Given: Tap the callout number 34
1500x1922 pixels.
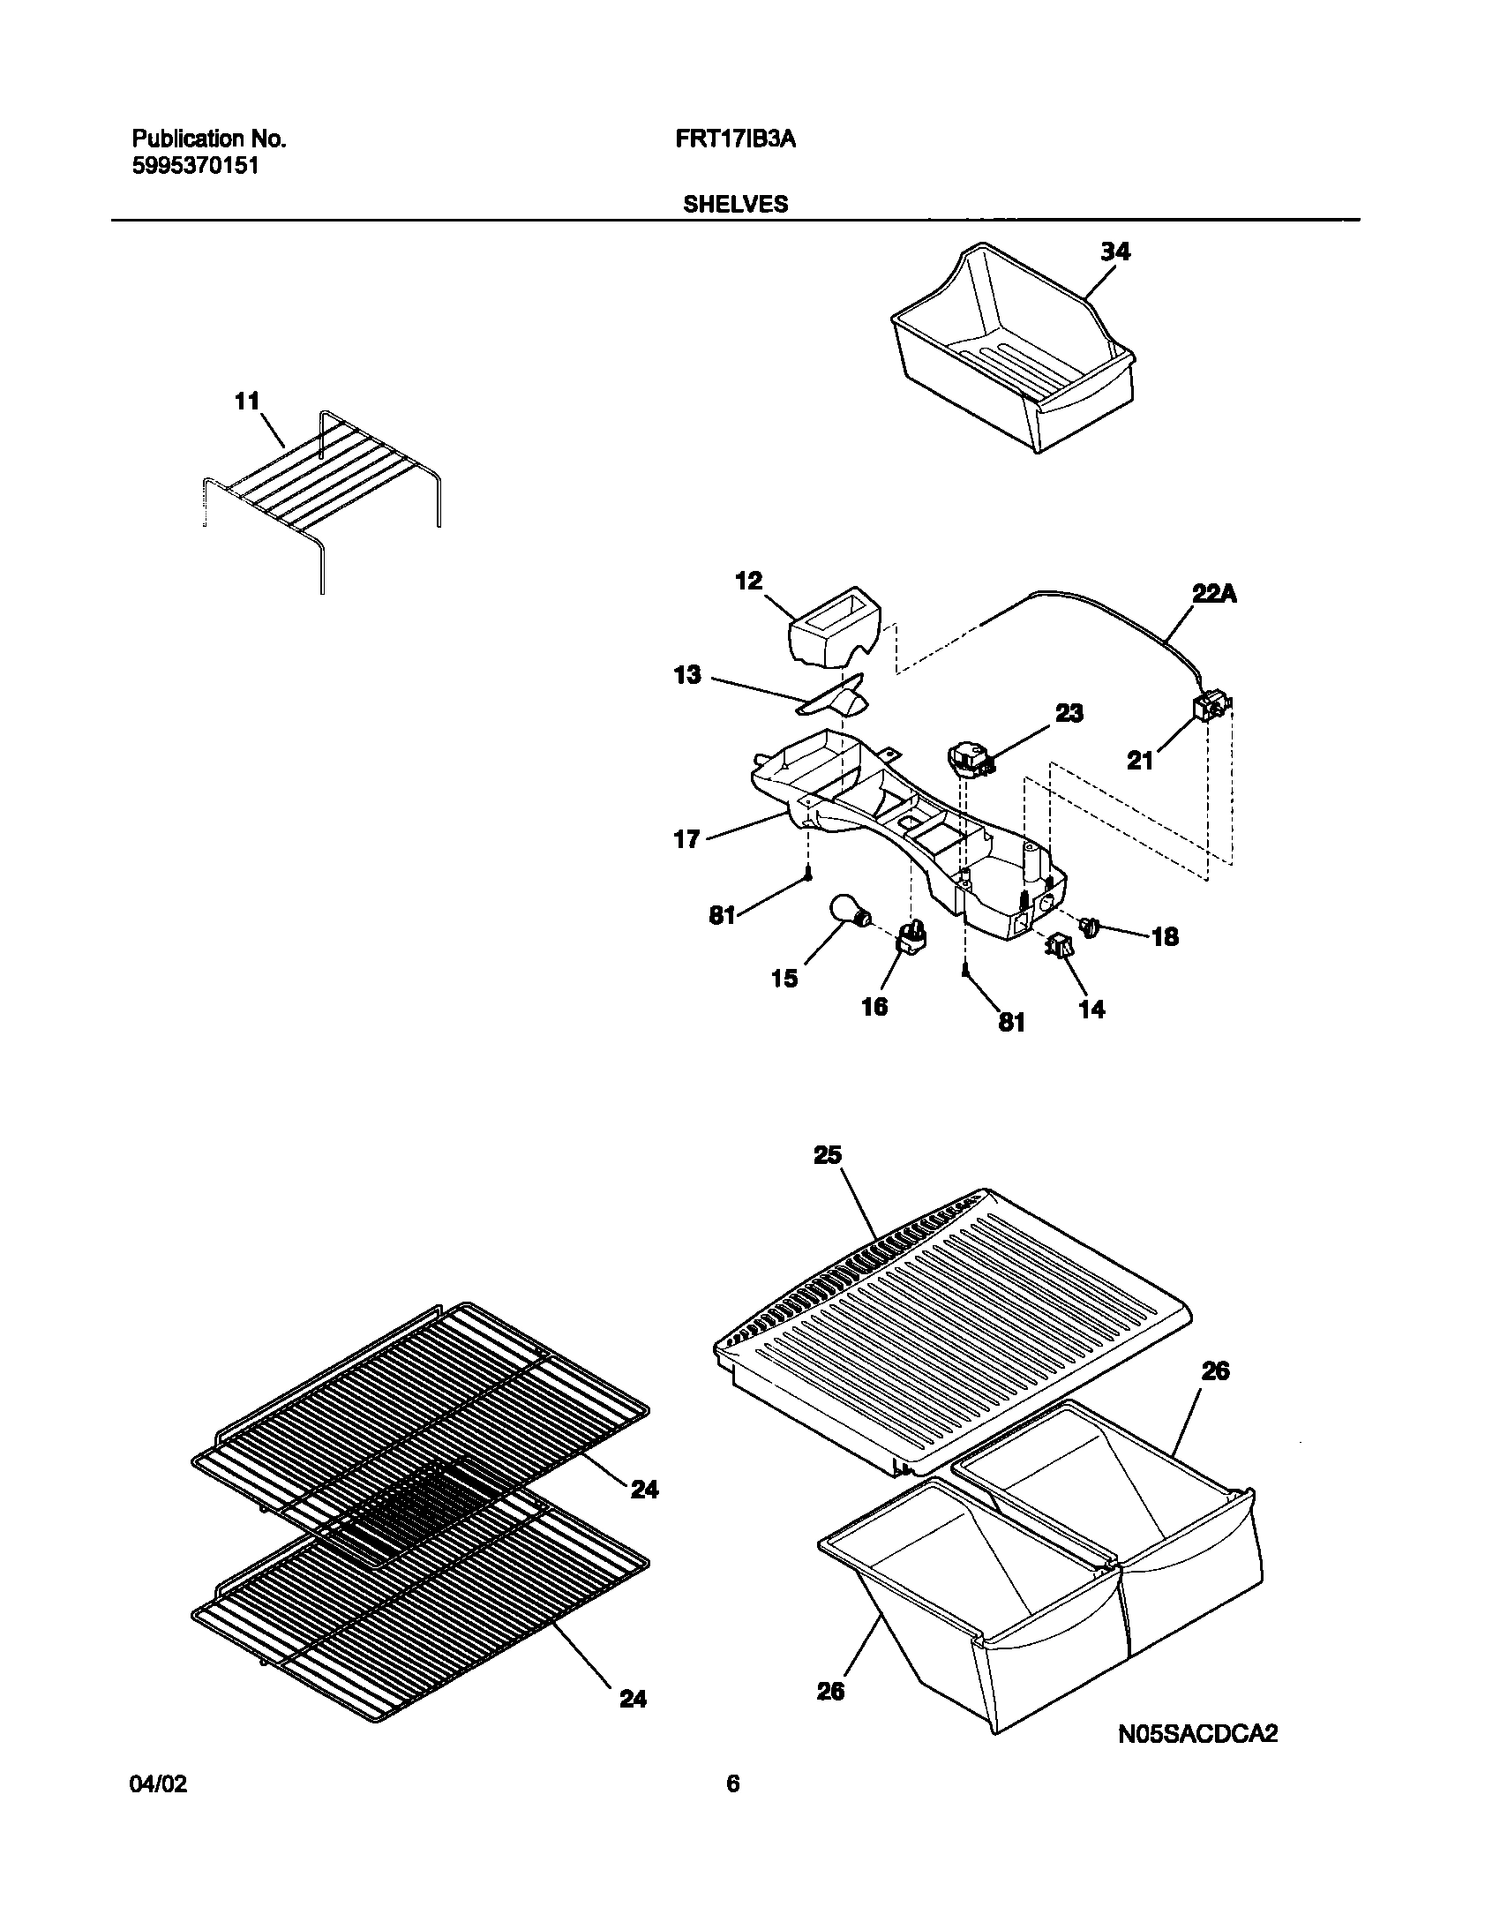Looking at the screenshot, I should point(1114,252).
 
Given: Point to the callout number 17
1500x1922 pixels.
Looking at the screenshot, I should point(686,839).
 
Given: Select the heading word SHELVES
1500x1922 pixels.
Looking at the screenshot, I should point(736,204).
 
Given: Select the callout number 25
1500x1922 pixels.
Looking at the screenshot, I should point(828,1154).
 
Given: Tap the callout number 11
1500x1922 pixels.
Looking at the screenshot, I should point(247,402).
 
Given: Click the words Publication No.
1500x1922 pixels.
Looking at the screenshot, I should point(209,139).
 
